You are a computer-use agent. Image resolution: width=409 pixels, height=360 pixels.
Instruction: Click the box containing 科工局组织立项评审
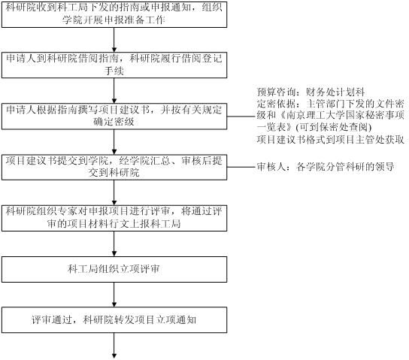pos(114,269)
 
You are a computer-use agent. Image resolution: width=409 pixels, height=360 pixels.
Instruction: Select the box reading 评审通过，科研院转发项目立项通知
pos(114,320)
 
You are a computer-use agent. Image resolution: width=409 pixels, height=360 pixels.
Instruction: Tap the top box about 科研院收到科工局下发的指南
pos(114,14)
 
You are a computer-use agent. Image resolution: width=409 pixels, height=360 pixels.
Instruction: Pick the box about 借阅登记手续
pos(114,65)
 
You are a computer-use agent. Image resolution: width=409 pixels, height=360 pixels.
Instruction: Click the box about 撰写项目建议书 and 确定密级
pos(114,116)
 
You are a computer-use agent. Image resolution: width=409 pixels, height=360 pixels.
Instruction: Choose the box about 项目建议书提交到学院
pos(114,167)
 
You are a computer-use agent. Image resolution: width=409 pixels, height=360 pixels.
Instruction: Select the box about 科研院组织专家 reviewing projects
pos(114,218)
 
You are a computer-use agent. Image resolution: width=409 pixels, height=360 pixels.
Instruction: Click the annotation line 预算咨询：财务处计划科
pos(311,92)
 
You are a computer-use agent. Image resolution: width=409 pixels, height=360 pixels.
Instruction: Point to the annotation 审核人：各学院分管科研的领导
pos(326,167)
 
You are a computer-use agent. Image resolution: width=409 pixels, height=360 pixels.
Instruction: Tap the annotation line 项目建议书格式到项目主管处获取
pos(331,140)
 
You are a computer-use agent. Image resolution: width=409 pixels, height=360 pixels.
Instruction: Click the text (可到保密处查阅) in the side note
pos(333,127)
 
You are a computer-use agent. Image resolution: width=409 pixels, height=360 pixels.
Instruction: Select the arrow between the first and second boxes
pos(114,40)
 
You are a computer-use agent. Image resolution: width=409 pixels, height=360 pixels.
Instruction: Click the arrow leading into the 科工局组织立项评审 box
pos(114,244)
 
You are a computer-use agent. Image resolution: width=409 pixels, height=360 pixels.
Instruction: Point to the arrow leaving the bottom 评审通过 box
pos(114,346)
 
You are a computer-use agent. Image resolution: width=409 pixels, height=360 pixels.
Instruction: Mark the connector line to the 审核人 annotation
pos(242,167)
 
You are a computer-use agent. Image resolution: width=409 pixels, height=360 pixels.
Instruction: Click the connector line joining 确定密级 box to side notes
pos(242,116)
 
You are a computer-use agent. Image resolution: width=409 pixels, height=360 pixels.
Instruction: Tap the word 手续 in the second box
pos(114,71)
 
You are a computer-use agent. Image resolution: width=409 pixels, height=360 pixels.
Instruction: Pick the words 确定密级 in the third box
pos(114,122)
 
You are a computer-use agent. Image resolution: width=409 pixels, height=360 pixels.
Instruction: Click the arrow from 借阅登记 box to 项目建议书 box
pos(114,90)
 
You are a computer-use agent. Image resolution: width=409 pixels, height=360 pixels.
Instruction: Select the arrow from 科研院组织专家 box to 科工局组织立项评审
pos(114,244)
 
